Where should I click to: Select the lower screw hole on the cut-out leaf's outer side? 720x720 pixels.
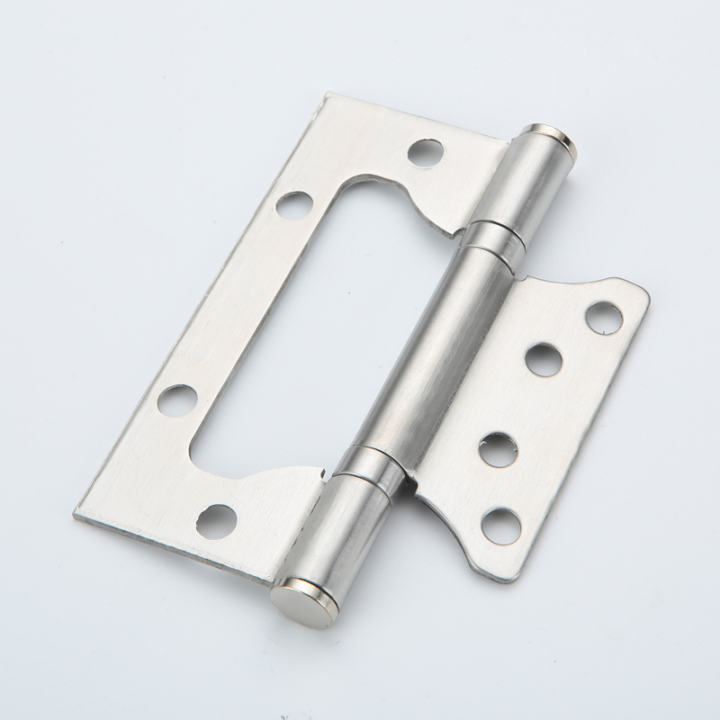pyautogui.click(x=176, y=399)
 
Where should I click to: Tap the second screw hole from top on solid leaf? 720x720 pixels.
pyautogui.click(x=544, y=361)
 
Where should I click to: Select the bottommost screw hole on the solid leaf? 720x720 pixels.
pyautogui.click(x=500, y=526)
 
